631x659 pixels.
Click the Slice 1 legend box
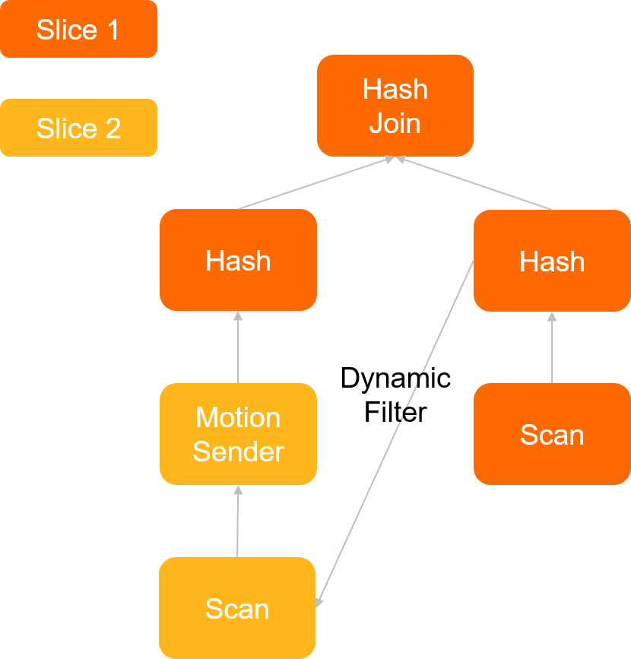[x=78, y=29]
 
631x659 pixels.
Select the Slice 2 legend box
[x=78, y=128]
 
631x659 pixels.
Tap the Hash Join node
[x=395, y=106]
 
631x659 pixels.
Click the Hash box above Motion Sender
[x=238, y=260]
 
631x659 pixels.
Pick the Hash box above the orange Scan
[x=552, y=261]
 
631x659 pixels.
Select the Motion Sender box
[x=238, y=434]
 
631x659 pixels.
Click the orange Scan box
[x=552, y=434]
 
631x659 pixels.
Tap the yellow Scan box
[x=237, y=608]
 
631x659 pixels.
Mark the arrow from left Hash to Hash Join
[x=315, y=183]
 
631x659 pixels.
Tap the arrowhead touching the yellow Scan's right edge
[x=320, y=601]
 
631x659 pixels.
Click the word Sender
[x=238, y=451]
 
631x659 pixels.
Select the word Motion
[x=238, y=417]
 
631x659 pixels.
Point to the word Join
[x=395, y=123]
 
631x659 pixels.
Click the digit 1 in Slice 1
[x=113, y=30]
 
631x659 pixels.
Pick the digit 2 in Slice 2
[x=113, y=128]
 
